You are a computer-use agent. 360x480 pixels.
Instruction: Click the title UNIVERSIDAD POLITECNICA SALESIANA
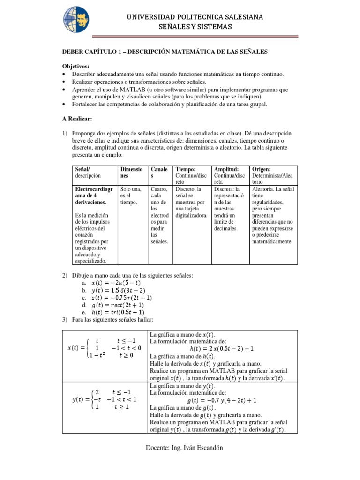coord(195,17)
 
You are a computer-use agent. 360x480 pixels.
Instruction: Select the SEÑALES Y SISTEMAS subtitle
coord(195,27)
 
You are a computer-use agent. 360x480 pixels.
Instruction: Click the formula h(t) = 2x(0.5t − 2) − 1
coord(222,349)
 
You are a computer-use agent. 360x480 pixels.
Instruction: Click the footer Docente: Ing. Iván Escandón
coord(183,448)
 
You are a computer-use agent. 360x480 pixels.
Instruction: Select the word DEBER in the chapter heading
coord(74,52)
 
